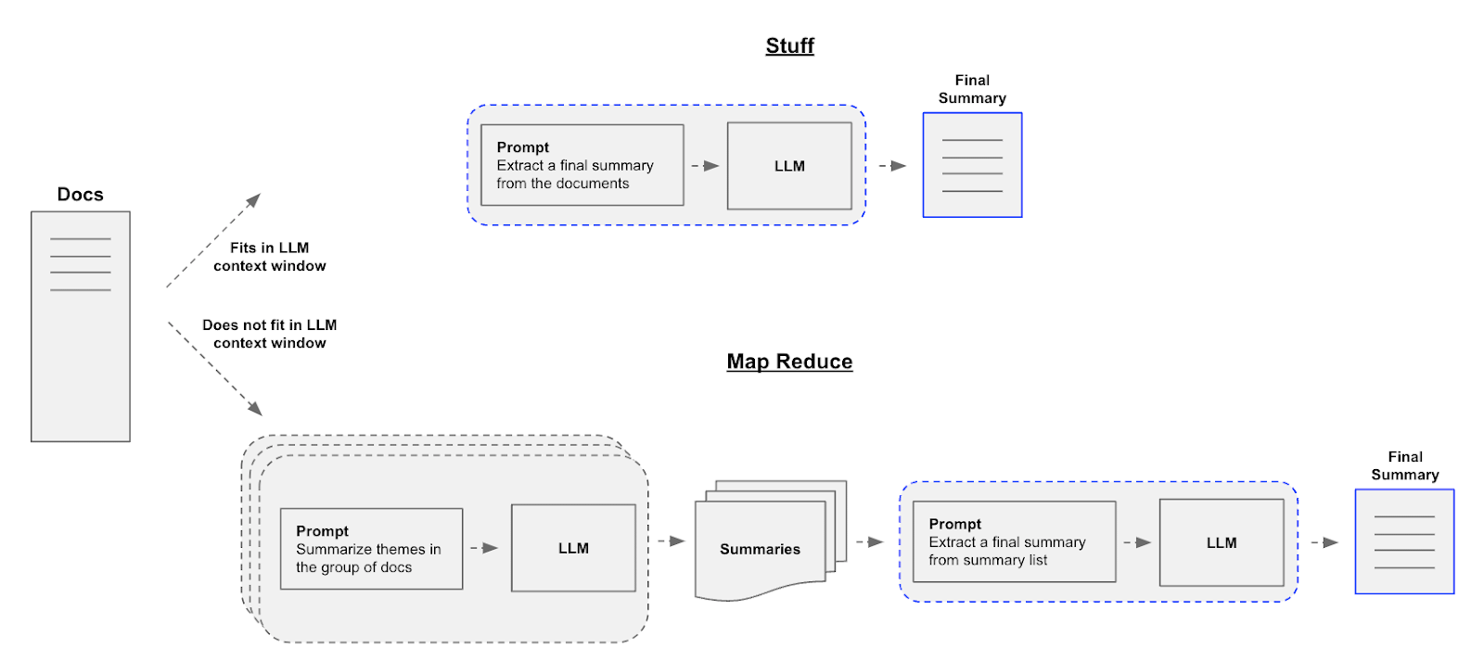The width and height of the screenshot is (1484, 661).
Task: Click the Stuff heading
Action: pyautogui.click(x=789, y=45)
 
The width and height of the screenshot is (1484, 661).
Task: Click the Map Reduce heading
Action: pyautogui.click(x=789, y=362)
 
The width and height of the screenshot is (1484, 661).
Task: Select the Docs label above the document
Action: pyautogui.click(x=80, y=194)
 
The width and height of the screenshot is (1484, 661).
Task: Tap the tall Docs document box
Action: pyautogui.click(x=80, y=326)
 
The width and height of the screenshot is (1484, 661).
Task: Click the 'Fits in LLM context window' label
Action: pyautogui.click(x=269, y=256)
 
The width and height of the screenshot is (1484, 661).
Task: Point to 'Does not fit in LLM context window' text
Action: pyautogui.click(x=269, y=334)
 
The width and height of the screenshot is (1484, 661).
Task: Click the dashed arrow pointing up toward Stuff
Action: pyautogui.click(x=213, y=240)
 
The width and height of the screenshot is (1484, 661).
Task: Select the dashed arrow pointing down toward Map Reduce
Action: pyautogui.click(x=215, y=369)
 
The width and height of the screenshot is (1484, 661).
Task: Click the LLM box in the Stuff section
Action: pyautogui.click(x=789, y=166)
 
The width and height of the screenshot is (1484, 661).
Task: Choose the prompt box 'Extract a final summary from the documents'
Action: pyautogui.click(x=582, y=165)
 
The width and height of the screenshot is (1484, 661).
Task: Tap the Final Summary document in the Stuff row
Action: pyautogui.click(x=972, y=165)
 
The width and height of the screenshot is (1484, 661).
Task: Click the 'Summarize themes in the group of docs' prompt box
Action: pyautogui.click(x=371, y=549)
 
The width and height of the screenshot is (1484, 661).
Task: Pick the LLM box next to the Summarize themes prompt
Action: pyautogui.click(x=573, y=548)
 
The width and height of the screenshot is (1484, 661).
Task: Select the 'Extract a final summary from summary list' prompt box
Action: pyautogui.click(x=1014, y=541)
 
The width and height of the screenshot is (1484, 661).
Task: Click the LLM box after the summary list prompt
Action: pyautogui.click(x=1221, y=542)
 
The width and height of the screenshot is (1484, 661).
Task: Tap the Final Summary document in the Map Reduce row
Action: pyautogui.click(x=1404, y=541)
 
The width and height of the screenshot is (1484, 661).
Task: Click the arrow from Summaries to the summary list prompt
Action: pyautogui.click(x=870, y=541)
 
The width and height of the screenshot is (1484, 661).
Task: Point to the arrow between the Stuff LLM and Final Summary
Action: pyautogui.click(x=892, y=166)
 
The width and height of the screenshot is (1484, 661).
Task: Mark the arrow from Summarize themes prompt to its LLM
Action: pyautogui.click(x=484, y=548)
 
